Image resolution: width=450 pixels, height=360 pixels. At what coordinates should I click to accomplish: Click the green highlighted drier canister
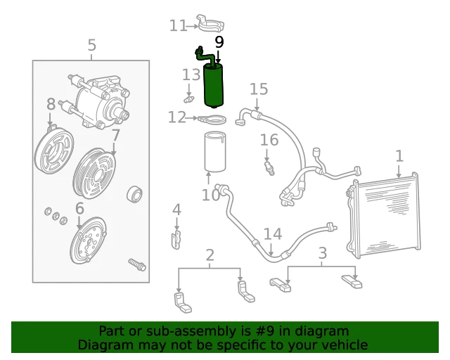[x=214, y=86]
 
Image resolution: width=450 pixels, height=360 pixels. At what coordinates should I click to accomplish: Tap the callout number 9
[x=219, y=42]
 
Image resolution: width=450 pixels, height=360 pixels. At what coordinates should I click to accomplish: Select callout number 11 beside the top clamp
[x=178, y=25]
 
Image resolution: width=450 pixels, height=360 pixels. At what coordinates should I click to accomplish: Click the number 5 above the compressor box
[x=91, y=45]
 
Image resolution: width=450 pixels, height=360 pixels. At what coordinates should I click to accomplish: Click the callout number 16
[x=269, y=140]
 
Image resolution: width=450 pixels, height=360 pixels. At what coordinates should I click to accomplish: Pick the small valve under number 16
[x=269, y=169]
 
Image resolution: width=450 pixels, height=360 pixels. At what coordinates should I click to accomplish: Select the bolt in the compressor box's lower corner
[x=137, y=264]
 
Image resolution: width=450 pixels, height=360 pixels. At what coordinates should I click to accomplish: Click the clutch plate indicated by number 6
[x=88, y=240]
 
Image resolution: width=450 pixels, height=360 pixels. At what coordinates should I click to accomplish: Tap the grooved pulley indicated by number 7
[x=94, y=174]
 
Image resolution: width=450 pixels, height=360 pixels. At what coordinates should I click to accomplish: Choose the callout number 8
[x=51, y=104]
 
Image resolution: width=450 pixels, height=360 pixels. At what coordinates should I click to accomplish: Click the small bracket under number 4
[x=176, y=239]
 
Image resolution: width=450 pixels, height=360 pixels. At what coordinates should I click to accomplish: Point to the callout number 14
[x=273, y=233]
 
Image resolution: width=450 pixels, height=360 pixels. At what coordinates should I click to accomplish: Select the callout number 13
[x=191, y=75]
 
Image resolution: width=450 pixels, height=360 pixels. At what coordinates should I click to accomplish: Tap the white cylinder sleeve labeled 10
[x=215, y=152]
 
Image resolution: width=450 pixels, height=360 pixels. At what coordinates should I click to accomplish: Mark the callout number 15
[x=259, y=89]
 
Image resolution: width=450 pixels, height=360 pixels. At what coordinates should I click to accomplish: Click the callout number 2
[x=210, y=255]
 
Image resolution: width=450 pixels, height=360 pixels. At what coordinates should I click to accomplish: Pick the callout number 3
[x=323, y=253]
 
